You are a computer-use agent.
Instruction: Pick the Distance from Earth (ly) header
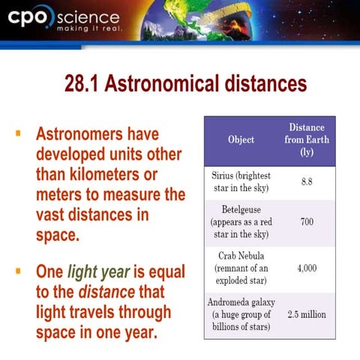click(x=306, y=139)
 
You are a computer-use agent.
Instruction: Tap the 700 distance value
click(x=306, y=222)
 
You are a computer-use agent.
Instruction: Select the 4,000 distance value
click(x=306, y=268)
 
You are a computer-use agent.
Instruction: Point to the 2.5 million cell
click(x=306, y=314)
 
